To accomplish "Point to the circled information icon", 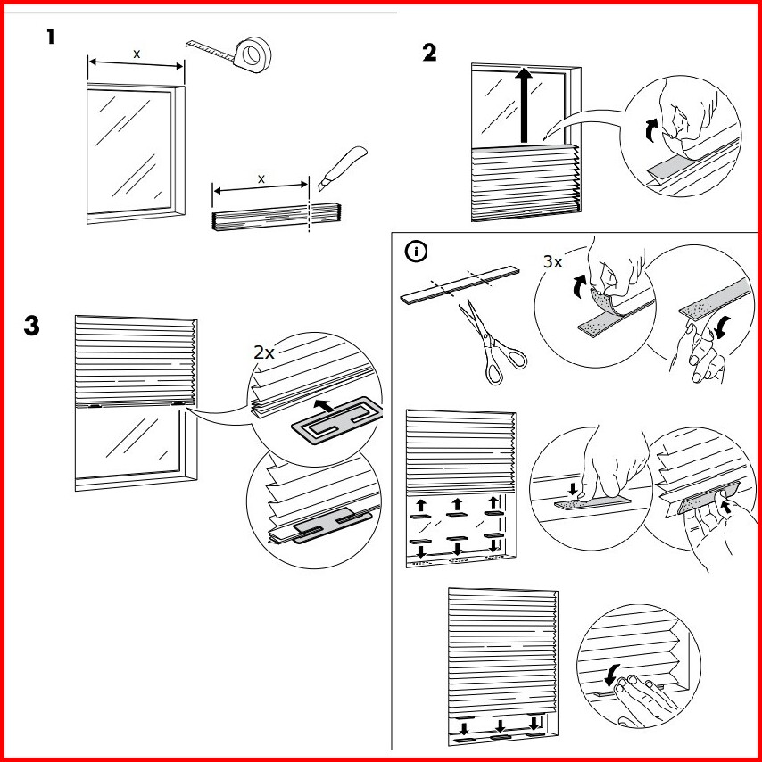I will coord(415,253).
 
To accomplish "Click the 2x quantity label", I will coord(264,352).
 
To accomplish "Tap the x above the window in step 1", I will coord(136,54).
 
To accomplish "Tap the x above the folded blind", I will coord(261,178).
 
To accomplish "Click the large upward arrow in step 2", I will coord(526,105).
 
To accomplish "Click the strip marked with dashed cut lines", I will coord(460,283).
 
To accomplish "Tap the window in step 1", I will coord(134,152).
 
